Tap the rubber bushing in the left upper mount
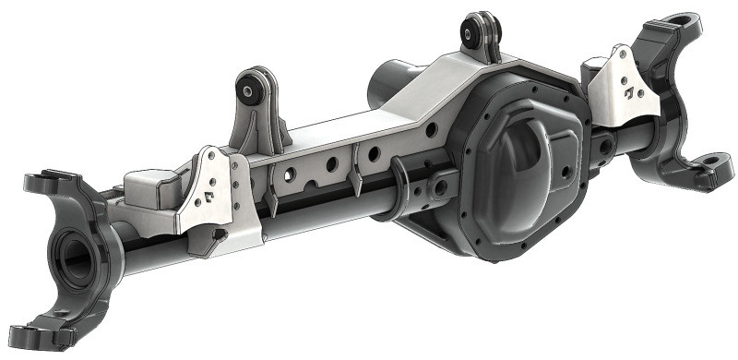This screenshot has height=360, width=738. point(248,90)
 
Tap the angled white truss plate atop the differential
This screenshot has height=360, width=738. point(434,92)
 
